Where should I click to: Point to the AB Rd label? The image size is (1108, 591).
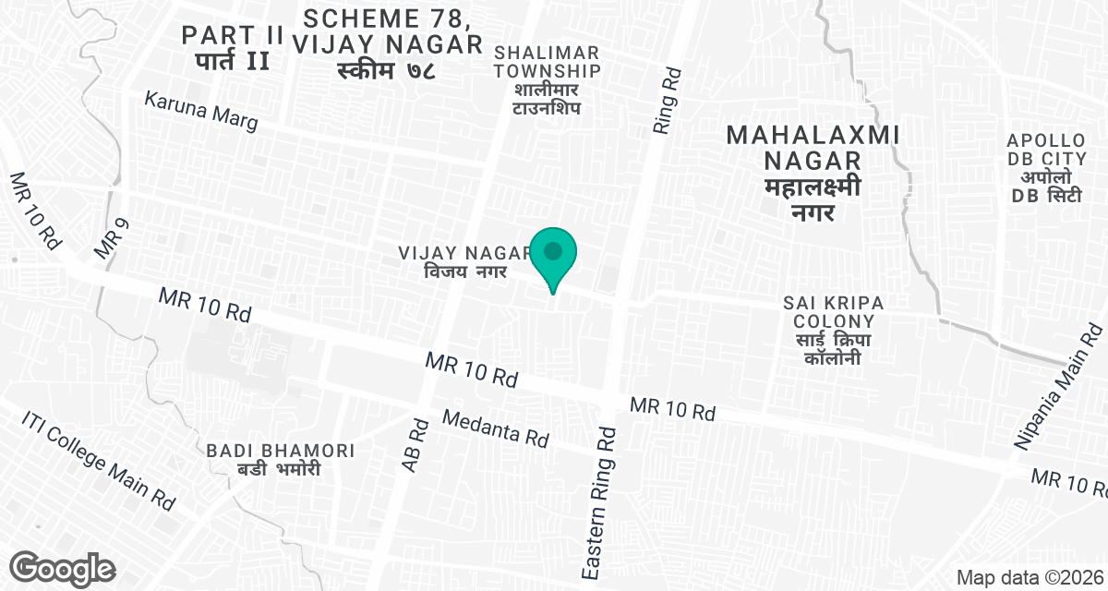[x=416, y=445]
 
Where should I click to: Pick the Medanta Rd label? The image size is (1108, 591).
[x=496, y=428]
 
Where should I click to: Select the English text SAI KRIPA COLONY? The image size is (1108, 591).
[x=833, y=312]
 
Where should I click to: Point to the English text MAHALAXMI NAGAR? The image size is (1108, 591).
[x=813, y=148]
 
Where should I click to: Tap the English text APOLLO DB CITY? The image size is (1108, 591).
[x=1045, y=152]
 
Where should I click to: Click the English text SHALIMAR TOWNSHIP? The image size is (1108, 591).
[x=548, y=61]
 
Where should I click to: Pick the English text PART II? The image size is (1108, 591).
[x=232, y=35]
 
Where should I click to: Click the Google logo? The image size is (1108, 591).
[x=63, y=567]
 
